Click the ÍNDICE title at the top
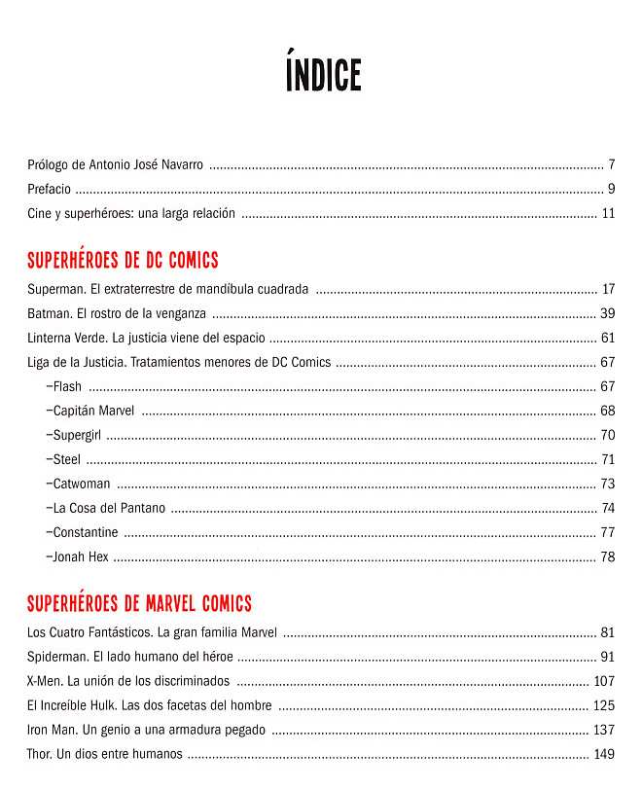tap(323, 75)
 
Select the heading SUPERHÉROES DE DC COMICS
tap(123, 261)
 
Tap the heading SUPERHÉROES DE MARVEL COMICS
tap(139, 604)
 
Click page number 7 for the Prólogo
tap(611, 163)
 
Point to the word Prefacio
tap(49, 189)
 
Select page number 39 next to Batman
tap(608, 313)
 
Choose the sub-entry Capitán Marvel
tap(91, 411)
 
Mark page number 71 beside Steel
tap(608, 459)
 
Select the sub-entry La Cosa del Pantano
tap(106, 508)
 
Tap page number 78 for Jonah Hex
tap(608, 557)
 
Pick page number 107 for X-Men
tap(604, 681)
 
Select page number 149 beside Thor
tap(604, 754)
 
